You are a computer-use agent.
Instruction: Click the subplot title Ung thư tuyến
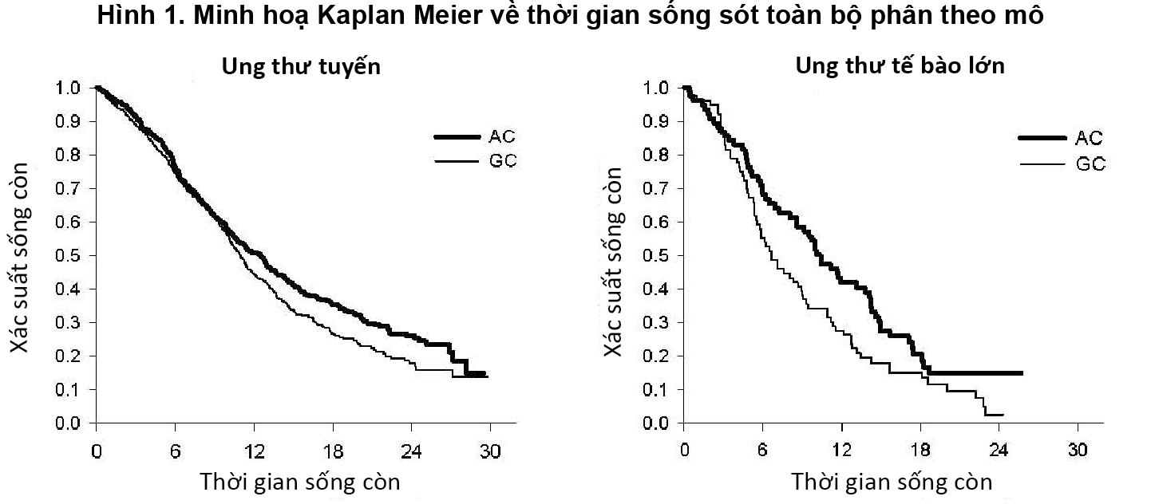pos(301,66)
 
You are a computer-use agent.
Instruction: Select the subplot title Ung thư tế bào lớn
pos(900,66)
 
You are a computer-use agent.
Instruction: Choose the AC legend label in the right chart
pos(1089,138)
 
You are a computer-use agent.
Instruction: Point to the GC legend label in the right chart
pos(1090,164)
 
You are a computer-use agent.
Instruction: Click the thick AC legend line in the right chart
pos(1042,138)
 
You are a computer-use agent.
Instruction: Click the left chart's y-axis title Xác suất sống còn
pos(24,256)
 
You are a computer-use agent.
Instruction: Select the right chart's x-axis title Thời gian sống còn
pos(892,482)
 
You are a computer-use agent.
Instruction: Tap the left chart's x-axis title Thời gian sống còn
pos(299,482)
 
